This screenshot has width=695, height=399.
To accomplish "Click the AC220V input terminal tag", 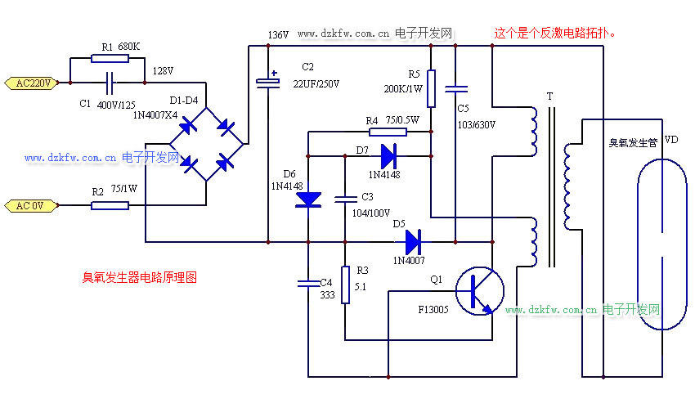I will (32, 83).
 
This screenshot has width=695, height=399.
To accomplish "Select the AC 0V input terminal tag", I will (32, 205).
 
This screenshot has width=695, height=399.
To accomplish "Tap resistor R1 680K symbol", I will (103, 58).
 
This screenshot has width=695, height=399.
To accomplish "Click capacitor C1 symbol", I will (110, 83).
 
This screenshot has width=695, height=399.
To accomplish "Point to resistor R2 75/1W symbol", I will (110, 205).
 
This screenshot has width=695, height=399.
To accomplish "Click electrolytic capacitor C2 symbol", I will (267, 81).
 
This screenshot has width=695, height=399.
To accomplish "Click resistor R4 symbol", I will (385, 132).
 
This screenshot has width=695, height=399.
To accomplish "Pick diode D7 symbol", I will (388, 154).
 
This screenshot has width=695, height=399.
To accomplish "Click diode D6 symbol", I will (308, 199).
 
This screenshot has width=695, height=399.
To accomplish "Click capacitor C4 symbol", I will (308, 284).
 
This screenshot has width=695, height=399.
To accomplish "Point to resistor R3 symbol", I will (345, 284).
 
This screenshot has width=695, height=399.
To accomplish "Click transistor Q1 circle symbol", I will (479, 291).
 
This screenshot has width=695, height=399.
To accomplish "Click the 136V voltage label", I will (278, 35).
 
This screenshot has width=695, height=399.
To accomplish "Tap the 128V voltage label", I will (164, 71).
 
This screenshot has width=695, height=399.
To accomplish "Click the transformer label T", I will (549, 96).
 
